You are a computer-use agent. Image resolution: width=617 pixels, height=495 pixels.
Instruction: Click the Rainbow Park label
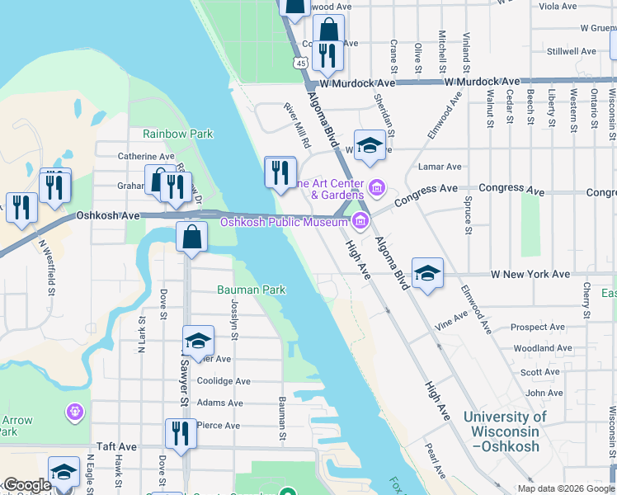[177, 134]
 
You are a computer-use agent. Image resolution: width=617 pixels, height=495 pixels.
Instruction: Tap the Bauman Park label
[251, 290]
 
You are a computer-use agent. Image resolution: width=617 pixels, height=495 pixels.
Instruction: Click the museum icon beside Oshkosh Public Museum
[360, 221]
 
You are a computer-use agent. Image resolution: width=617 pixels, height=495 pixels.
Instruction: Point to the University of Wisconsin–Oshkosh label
[505, 431]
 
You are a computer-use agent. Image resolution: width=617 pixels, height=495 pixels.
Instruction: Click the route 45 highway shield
[300, 64]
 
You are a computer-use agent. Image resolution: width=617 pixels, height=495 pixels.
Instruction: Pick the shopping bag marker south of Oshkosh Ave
[191, 238]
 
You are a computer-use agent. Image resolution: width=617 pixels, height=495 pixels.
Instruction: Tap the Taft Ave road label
[115, 446]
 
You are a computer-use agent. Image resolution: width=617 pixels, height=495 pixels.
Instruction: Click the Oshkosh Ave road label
[107, 215]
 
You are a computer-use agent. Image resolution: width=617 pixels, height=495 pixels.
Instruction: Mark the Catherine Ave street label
[146, 156]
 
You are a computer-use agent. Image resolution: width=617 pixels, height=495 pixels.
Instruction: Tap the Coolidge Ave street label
[224, 381]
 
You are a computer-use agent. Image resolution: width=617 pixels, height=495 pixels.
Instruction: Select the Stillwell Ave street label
[571, 51]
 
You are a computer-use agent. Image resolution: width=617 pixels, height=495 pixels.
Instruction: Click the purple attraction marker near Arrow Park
[75, 410]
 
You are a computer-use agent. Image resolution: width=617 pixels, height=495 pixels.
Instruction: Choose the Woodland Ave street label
[533, 349]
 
